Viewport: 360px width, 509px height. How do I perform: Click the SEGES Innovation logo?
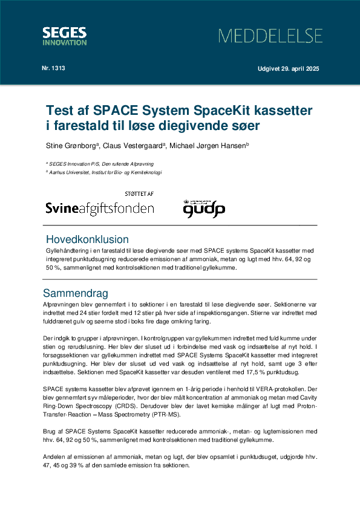[64, 36]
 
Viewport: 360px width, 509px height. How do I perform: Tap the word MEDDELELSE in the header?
[270, 36]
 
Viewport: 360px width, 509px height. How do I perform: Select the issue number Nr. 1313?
[54, 68]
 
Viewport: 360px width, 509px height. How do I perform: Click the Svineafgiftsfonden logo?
[100, 209]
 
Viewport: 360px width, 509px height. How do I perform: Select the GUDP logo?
[204, 209]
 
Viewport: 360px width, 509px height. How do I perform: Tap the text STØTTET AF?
[139, 193]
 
